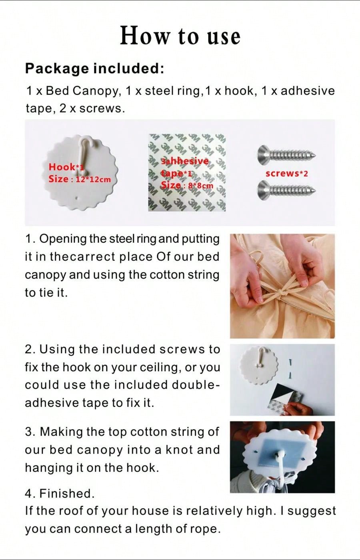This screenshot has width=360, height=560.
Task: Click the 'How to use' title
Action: click(x=180, y=36)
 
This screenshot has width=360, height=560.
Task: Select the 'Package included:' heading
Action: click(x=94, y=68)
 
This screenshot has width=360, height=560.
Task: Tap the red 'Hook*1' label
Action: click(x=66, y=167)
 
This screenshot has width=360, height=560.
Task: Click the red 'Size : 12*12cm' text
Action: click(x=80, y=179)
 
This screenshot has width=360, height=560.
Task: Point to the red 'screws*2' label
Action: click(x=287, y=173)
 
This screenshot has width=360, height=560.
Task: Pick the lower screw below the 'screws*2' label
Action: click(x=286, y=191)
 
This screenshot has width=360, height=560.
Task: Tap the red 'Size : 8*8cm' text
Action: click(x=187, y=185)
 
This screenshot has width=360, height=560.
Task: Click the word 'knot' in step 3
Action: click(x=179, y=450)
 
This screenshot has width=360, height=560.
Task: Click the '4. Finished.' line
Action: click(x=60, y=494)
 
